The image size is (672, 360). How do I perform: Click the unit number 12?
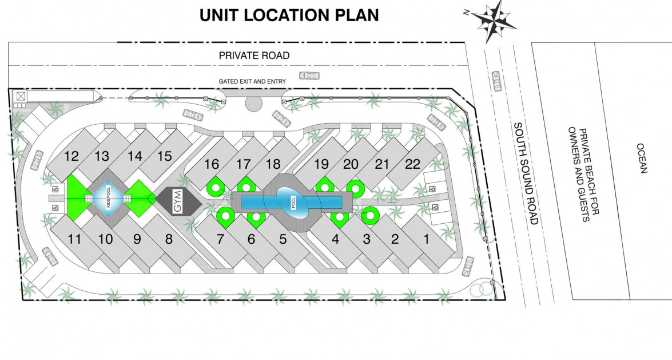point(71,156)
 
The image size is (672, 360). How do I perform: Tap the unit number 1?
point(426,240)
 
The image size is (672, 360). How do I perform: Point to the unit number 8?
point(169,240)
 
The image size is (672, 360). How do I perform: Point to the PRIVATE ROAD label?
point(255,56)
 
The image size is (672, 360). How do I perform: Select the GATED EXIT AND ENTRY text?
point(252,82)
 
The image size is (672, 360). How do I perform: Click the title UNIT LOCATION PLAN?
point(289,15)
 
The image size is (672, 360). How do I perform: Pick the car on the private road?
point(309,76)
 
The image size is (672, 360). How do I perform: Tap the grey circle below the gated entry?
point(253,104)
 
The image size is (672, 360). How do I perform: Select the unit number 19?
point(321,165)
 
